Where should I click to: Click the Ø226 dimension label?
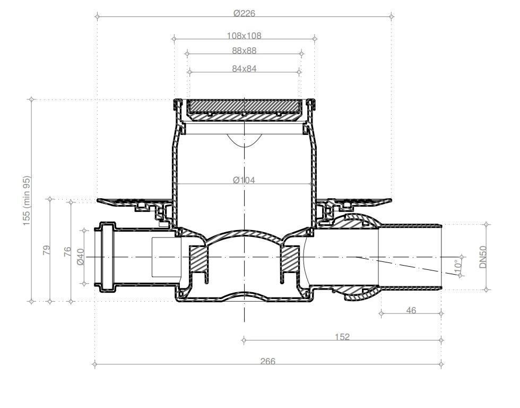coord(244,13)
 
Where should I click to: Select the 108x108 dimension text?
coord(244,36)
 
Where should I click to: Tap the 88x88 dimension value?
coord(244,51)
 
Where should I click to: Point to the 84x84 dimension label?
coord(244,69)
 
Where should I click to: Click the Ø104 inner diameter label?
coord(244,180)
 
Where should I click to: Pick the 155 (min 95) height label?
coord(27,201)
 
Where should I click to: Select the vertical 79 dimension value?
coord(47,250)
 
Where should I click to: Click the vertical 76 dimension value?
coord(67,251)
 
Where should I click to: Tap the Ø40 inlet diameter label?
coord(81,257)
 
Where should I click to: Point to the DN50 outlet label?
coord(483,257)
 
